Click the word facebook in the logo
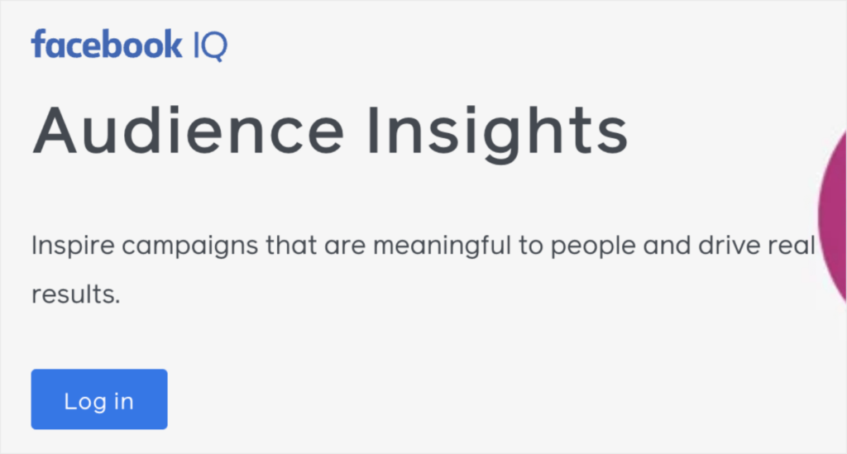click(x=106, y=45)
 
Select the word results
click(x=75, y=294)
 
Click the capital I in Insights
click(x=377, y=131)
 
